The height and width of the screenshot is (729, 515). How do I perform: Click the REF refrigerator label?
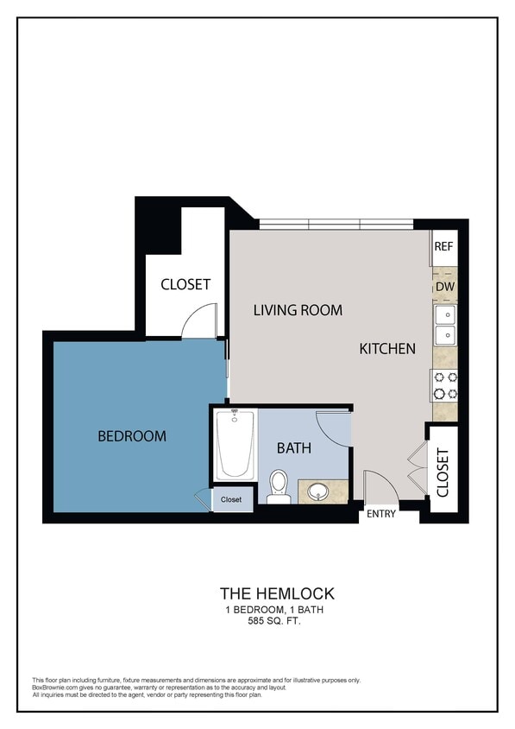pos(443,246)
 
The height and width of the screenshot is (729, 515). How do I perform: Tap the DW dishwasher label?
pos(444,286)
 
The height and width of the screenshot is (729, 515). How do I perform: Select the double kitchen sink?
pos(445,325)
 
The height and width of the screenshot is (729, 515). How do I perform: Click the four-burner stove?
pos(445,385)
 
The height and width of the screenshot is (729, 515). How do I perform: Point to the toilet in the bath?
pos(279,487)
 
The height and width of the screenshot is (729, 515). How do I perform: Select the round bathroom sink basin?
pos(318,492)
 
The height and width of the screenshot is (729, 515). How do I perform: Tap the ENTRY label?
pos(381,514)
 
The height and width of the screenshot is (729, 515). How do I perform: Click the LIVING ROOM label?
pos(298,310)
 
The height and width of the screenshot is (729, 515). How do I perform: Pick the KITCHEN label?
pos(387,349)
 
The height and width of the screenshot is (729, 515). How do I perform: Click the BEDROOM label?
pos(131,436)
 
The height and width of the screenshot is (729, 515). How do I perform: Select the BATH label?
pos(293,448)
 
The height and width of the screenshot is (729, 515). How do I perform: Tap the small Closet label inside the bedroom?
pos(231,499)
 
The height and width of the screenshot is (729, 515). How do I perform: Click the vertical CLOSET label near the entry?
pos(443,473)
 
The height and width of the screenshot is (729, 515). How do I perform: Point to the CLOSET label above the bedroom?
pos(185,284)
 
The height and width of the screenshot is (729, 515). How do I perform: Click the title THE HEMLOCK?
pos(276,593)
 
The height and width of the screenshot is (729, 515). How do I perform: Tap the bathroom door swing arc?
pos(331,428)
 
